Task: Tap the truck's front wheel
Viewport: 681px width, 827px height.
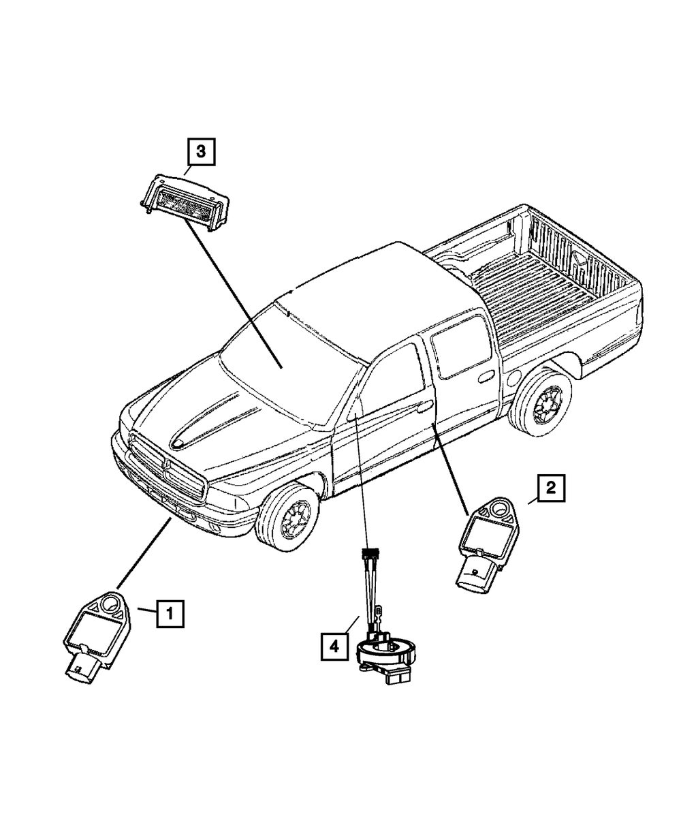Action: pos(289,513)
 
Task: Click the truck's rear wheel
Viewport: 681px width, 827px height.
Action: pos(543,406)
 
